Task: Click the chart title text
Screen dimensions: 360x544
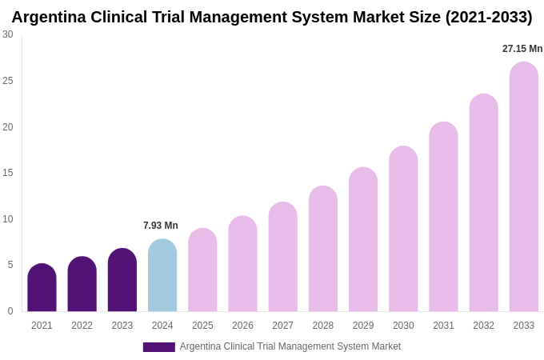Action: click(x=272, y=17)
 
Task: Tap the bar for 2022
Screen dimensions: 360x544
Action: click(x=82, y=285)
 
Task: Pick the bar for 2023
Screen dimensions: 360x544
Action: click(x=122, y=281)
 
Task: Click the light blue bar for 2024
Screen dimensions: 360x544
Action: click(x=162, y=276)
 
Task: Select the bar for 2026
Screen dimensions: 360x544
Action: click(x=242, y=265)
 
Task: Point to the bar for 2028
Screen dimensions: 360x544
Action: click(x=323, y=250)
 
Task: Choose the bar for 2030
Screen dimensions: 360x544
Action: click(x=403, y=230)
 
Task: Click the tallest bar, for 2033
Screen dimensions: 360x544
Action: click(x=524, y=187)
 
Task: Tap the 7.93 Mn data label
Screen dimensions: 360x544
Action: click(x=161, y=226)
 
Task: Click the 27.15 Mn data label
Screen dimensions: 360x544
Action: click(x=522, y=49)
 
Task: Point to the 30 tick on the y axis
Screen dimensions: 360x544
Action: click(x=8, y=34)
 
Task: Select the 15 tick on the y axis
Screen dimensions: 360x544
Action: click(x=8, y=173)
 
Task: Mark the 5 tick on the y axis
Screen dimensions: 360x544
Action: click(x=10, y=265)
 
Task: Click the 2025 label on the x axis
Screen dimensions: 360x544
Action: click(x=202, y=326)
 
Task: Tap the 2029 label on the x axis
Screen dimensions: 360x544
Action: click(x=363, y=326)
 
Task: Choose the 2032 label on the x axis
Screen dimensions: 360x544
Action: click(x=483, y=326)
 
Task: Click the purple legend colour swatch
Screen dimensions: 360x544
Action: click(x=158, y=347)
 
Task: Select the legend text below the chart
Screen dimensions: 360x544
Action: click(x=290, y=346)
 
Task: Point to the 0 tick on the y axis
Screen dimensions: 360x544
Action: click(x=10, y=311)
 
